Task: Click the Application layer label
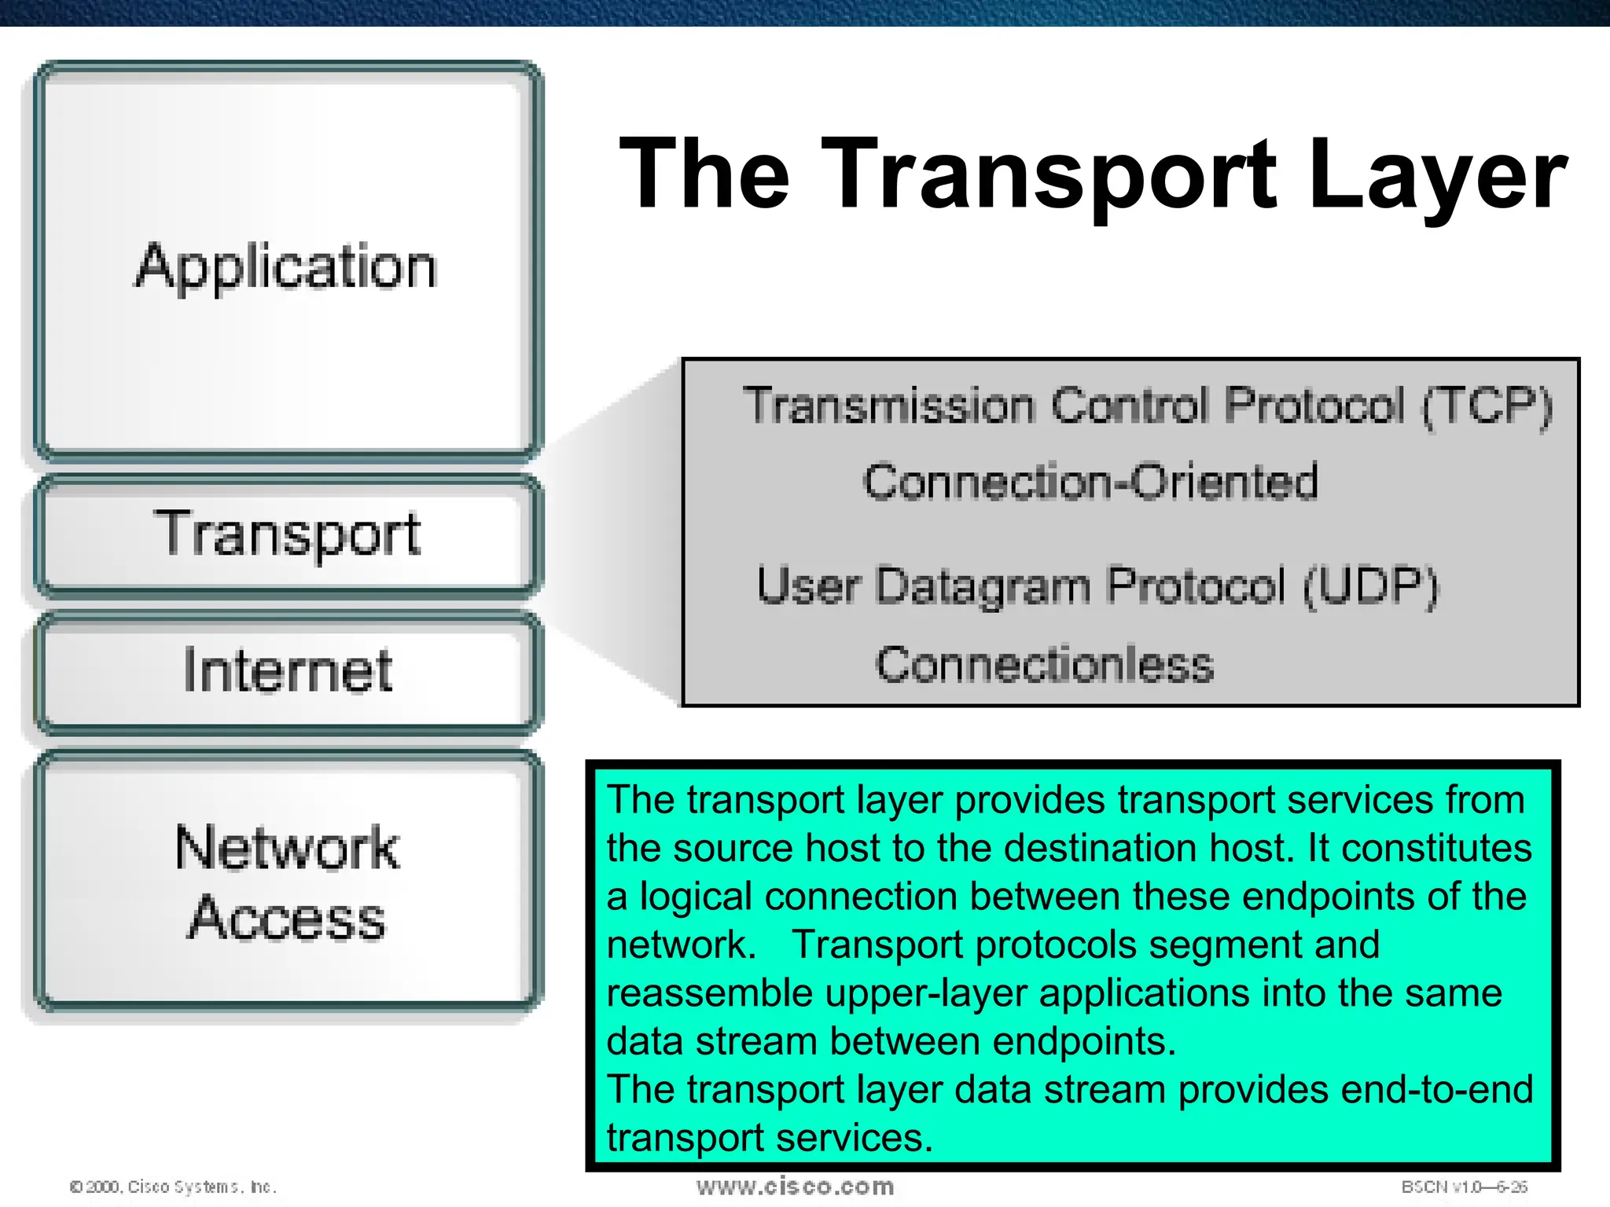286,267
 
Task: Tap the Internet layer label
288,670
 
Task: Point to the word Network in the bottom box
288,849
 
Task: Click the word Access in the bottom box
288,918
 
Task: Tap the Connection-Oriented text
1090,482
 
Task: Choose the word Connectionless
1045,665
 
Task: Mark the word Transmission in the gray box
889,406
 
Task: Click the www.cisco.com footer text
795,1187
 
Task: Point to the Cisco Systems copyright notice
174,1187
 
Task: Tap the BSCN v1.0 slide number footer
1464,1187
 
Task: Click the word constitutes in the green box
1436,849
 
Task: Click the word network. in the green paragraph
682,945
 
